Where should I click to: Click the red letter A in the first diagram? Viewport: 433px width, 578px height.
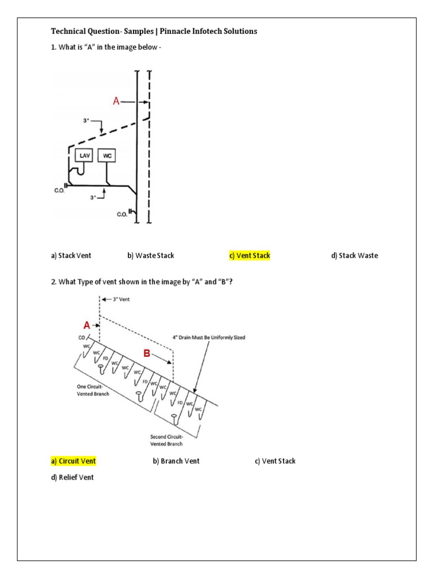coord(116,102)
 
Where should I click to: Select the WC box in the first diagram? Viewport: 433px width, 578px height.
coord(108,155)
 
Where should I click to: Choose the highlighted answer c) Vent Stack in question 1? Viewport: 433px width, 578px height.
coord(249,256)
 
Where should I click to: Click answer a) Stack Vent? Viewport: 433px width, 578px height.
coord(71,256)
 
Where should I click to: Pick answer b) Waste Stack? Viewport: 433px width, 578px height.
coord(151,256)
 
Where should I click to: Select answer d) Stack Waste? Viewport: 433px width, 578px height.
coord(355,256)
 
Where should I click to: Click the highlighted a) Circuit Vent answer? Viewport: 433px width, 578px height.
coord(73,461)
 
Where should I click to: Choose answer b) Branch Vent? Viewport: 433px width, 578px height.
coord(176,461)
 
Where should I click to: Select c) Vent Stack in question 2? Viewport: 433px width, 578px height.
coord(275,461)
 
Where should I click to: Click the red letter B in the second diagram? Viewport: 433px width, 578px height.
coord(147,354)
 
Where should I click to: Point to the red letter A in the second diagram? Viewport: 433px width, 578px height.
coord(87,325)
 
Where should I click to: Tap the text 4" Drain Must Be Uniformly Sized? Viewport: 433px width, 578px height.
coord(208,338)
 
